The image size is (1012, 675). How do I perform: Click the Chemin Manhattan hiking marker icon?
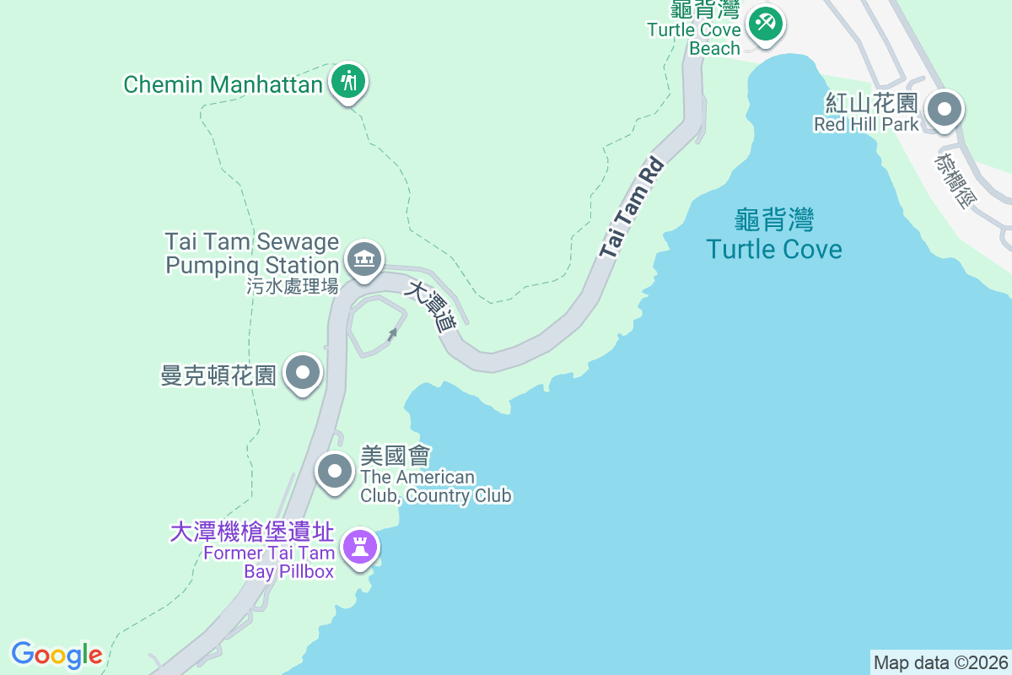coord(347,82)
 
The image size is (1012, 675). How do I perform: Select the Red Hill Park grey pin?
coord(945,110)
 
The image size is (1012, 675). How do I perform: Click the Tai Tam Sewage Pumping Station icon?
coord(364,257)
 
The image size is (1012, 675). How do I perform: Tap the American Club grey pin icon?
coord(335,471)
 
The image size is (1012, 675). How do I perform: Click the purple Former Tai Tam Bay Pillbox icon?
coord(360,548)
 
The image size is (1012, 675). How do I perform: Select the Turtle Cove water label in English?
coord(774,249)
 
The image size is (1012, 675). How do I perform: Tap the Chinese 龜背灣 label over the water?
coord(774,221)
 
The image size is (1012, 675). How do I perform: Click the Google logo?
coord(57,655)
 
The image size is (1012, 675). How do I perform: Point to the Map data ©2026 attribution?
coord(940,662)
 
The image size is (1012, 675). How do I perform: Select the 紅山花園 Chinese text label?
coord(871,104)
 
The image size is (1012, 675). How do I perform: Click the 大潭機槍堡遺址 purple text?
coord(252,532)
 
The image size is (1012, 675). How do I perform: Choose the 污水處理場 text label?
coord(293,287)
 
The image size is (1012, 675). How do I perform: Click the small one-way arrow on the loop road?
coord(392,334)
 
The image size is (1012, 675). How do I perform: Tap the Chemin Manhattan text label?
coord(223,84)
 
